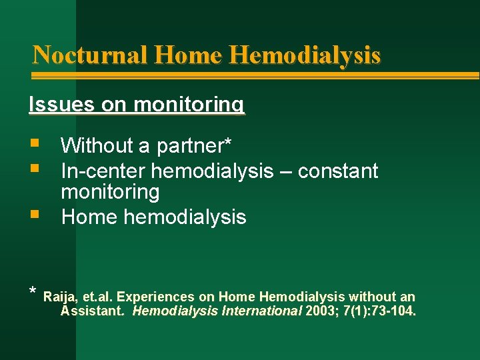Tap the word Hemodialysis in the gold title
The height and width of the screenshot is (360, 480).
(305, 55)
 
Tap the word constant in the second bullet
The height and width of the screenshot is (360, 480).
(338, 171)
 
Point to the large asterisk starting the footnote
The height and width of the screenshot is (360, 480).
(33, 292)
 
